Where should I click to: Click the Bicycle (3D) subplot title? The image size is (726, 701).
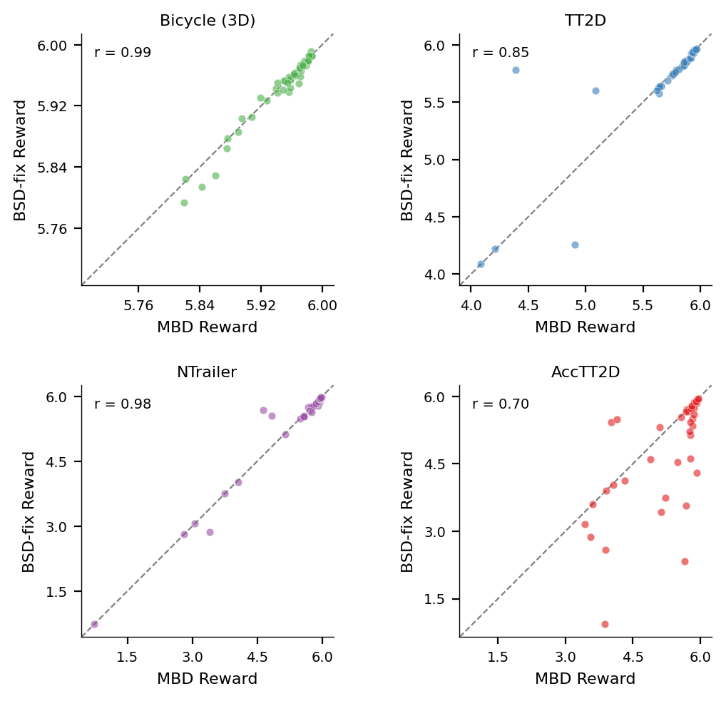coord(207,21)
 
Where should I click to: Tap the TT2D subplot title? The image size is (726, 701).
coord(585,21)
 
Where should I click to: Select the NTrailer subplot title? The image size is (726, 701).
coord(207,372)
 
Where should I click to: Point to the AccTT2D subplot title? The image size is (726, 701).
coord(585,372)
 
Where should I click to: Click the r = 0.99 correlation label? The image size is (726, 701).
coord(123,53)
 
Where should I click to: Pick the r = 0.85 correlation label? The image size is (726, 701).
coord(501,53)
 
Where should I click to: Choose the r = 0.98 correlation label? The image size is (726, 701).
coord(123,405)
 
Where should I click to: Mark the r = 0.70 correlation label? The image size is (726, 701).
coord(501,405)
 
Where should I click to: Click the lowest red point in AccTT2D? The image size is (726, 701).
coord(605,624)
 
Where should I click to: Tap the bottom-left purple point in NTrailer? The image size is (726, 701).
coord(94,624)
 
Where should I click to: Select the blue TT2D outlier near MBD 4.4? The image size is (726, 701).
coord(516,70)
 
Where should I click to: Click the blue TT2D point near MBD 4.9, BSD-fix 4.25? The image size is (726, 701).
coord(575,245)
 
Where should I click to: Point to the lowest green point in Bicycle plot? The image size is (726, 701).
coord(184,203)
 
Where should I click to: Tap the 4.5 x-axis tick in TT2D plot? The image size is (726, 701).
coord(528,304)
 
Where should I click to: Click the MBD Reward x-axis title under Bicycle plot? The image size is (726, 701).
coord(207,327)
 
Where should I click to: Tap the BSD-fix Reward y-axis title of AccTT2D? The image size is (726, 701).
coord(408,511)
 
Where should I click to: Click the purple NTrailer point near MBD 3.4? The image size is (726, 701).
coord(210,532)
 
